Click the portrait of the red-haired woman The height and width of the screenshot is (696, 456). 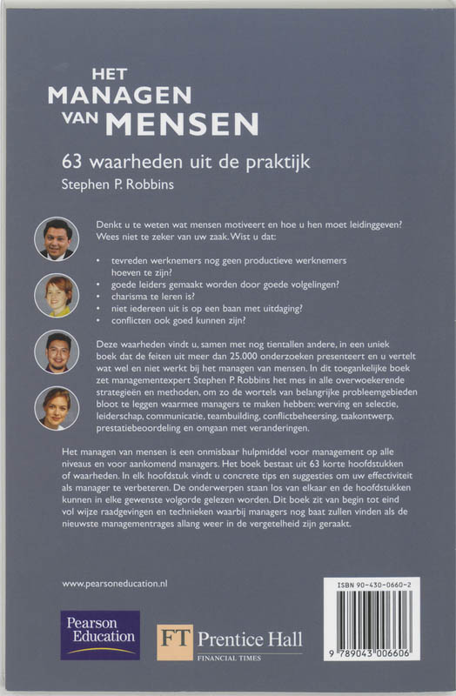(x=57, y=294)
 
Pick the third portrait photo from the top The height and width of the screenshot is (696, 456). (x=57, y=351)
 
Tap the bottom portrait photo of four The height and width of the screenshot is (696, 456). (x=57, y=407)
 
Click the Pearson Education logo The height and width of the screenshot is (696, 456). (x=99, y=635)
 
